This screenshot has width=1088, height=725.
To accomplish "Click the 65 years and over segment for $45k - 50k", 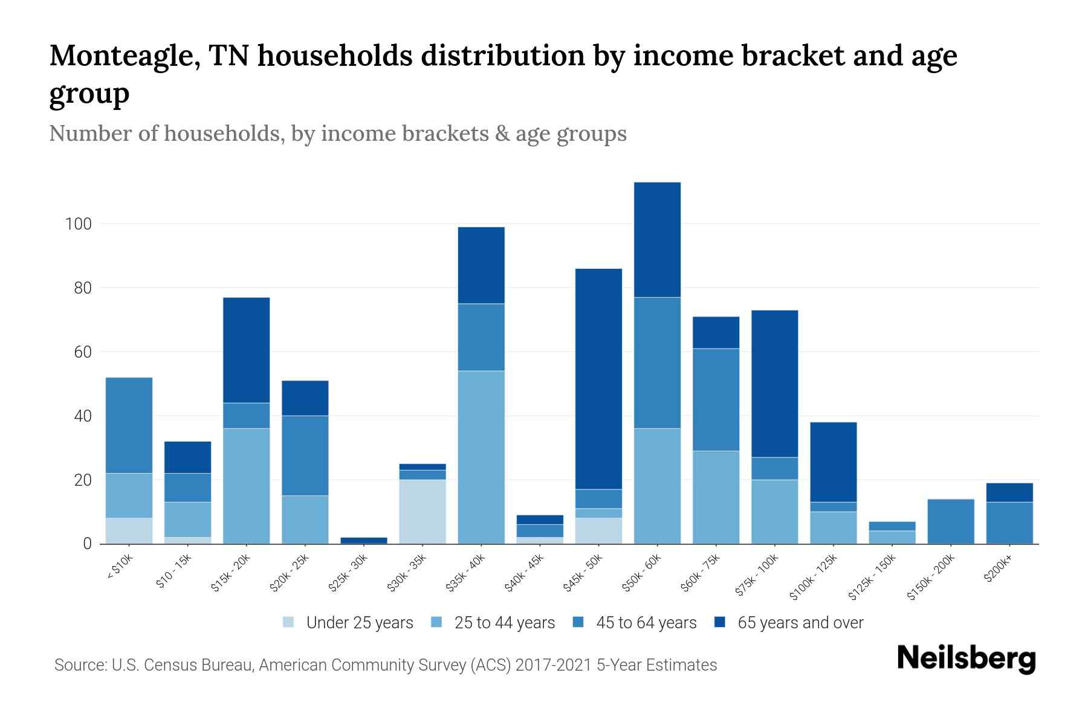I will click(598, 379).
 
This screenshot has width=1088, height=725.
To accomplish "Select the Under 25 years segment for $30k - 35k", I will click(423, 512).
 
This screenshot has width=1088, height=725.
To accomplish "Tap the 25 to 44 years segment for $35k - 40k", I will click(481, 457).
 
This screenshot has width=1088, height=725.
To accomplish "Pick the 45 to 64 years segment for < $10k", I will click(129, 425).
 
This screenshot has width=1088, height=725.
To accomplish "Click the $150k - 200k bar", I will click(951, 521).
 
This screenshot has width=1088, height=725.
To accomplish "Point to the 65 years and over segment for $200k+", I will click(1009, 492).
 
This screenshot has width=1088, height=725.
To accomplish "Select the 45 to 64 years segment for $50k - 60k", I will click(657, 362).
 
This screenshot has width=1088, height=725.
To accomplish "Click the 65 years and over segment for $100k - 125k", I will click(834, 462).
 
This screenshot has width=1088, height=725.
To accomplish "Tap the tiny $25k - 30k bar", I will click(364, 540).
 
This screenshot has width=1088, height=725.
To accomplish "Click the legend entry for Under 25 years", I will click(359, 623).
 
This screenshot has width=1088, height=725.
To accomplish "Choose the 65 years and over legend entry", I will click(800, 623).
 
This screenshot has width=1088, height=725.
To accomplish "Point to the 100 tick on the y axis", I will click(78, 224).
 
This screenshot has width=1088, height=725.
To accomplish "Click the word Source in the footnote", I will click(79, 665).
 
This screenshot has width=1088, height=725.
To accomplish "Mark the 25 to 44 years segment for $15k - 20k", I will click(246, 486).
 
